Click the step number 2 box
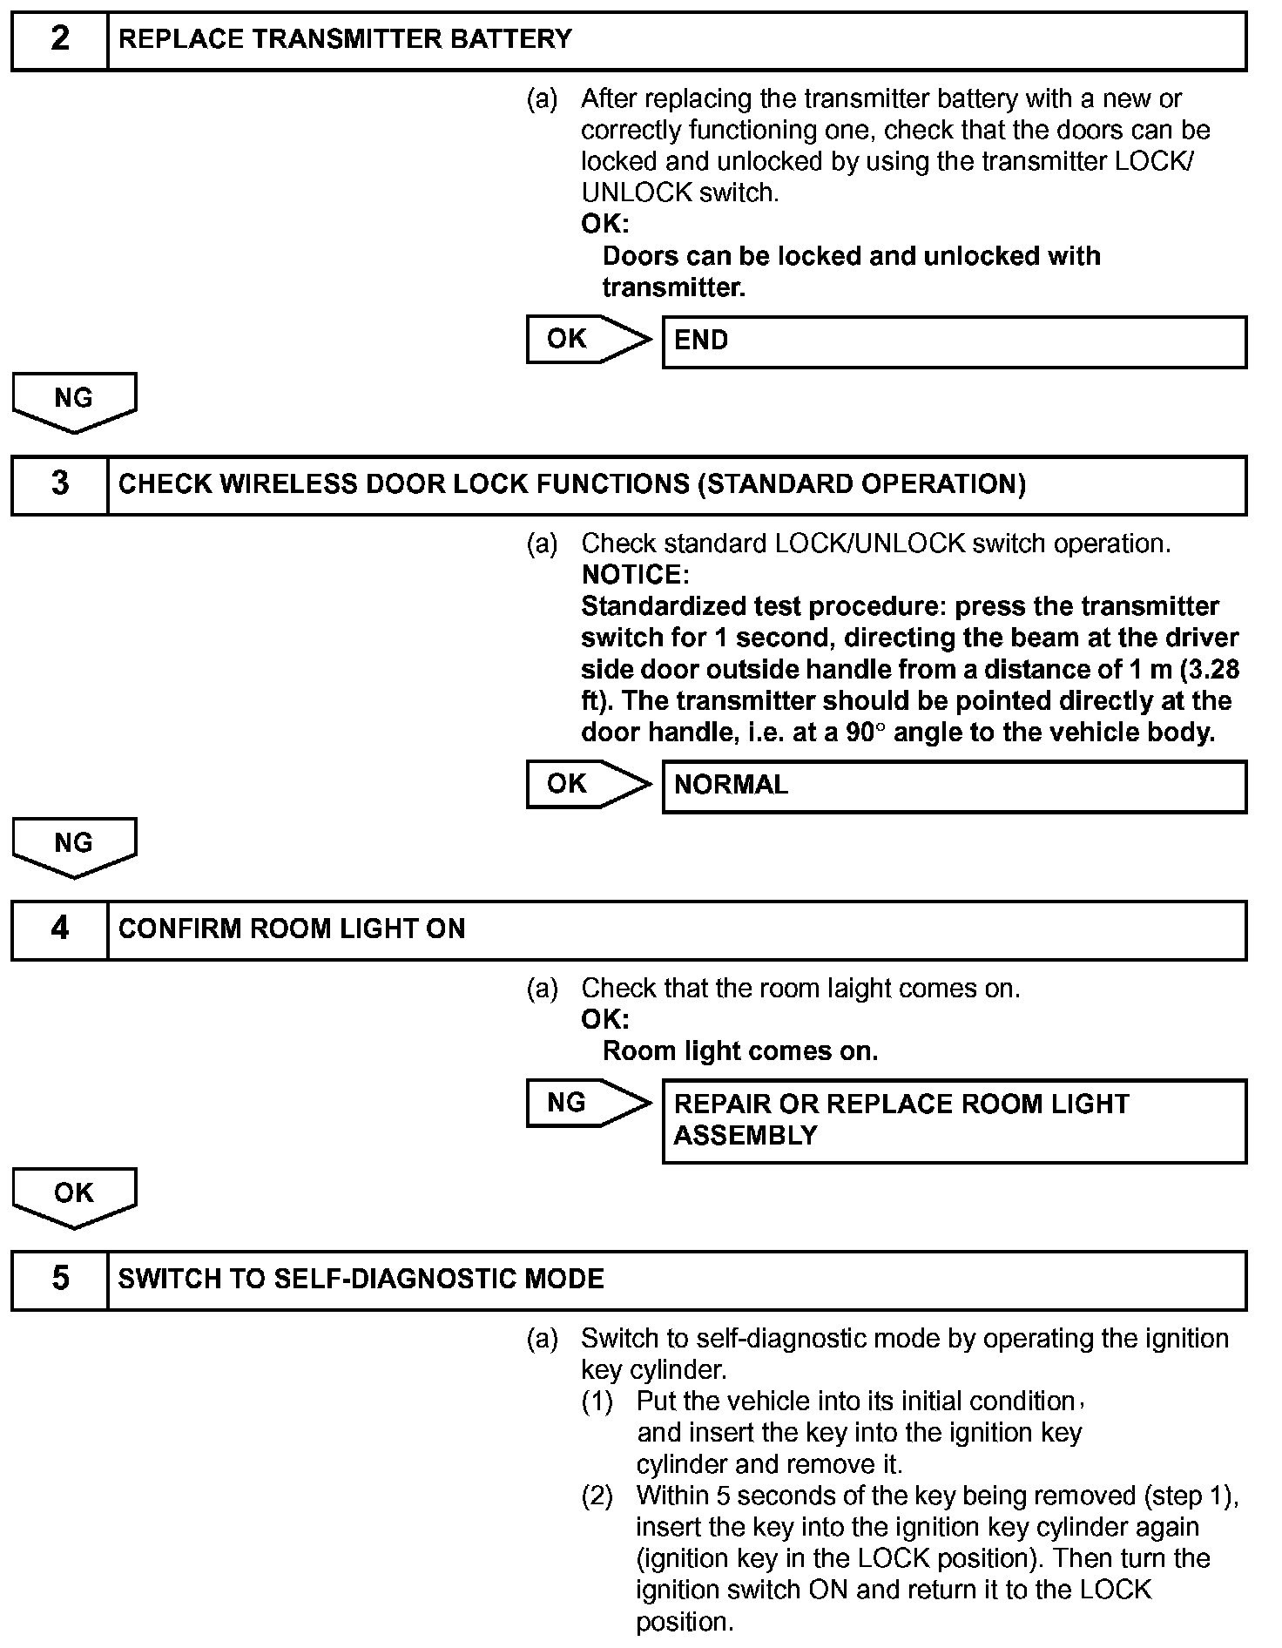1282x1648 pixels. pos(59,40)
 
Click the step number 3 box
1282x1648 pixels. pos(59,484)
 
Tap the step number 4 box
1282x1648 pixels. pos(59,929)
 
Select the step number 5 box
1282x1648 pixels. pos(59,1280)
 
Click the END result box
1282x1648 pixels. pos(954,341)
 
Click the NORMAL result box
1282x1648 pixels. pos(954,787)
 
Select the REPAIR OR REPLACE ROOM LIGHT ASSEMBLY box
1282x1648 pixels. pos(954,1121)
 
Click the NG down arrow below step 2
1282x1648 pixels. pos(74,402)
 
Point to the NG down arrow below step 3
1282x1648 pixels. pos(74,847)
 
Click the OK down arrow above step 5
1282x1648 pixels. pos(74,1196)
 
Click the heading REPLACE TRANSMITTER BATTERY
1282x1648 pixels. pos(345,40)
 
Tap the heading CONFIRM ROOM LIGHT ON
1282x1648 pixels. pos(292,929)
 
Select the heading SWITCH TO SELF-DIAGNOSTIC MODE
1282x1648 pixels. pos(361,1280)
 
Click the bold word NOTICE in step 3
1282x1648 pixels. pos(634,575)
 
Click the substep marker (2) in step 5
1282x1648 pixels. pos(597,1496)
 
